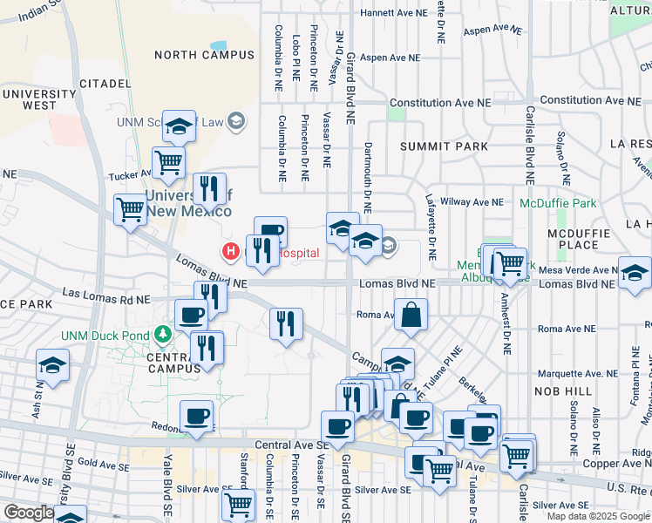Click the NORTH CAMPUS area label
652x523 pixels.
[x=205, y=55]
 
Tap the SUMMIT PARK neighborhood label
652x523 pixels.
[x=445, y=146]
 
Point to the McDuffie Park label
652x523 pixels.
[x=558, y=203]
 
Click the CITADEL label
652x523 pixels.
[x=105, y=84]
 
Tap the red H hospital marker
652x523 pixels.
[x=231, y=252]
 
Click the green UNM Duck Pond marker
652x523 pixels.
[x=161, y=334]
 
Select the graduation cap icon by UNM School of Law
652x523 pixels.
[x=180, y=127]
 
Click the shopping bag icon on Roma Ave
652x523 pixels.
[x=411, y=315]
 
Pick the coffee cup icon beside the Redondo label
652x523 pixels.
[x=197, y=416]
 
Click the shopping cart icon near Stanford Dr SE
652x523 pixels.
[x=238, y=503]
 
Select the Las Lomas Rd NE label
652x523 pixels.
[x=98, y=299]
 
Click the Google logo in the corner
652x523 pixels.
[x=29, y=513]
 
